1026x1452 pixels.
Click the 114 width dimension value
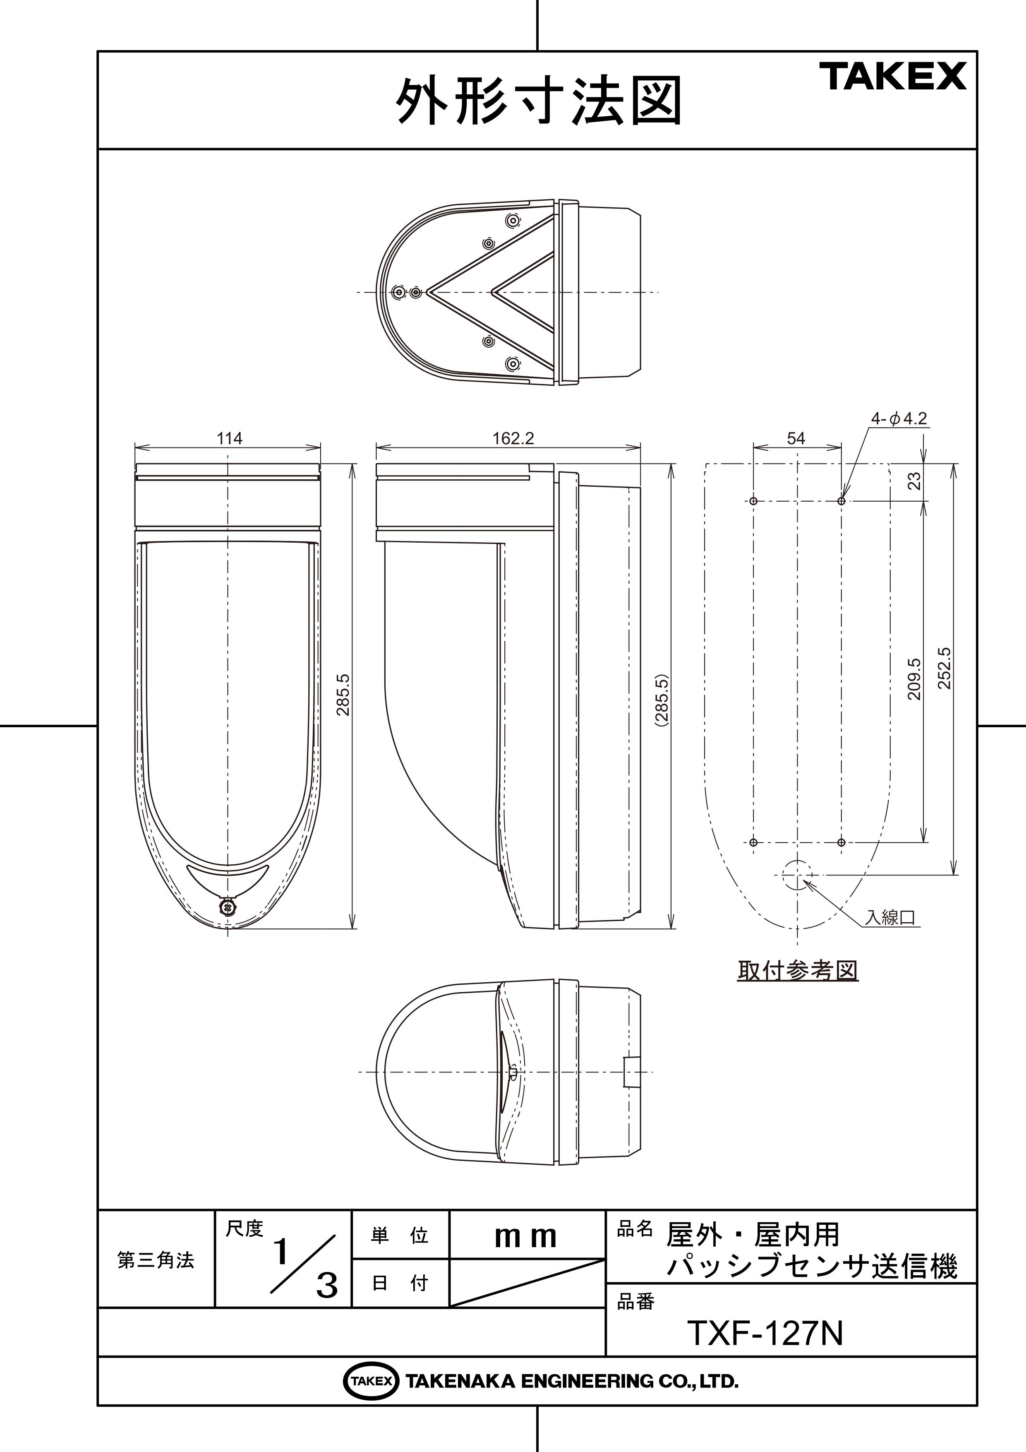pyautogui.click(x=230, y=438)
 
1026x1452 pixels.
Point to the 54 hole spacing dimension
pyautogui.click(x=796, y=438)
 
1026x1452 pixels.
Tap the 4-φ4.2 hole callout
pyautogui.click(x=899, y=418)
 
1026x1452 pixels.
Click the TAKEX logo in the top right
pyautogui.click(x=893, y=77)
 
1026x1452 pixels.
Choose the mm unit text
pyautogui.click(x=526, y=1238)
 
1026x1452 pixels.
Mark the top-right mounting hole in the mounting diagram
pyautogui.click(x=841, y=501)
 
